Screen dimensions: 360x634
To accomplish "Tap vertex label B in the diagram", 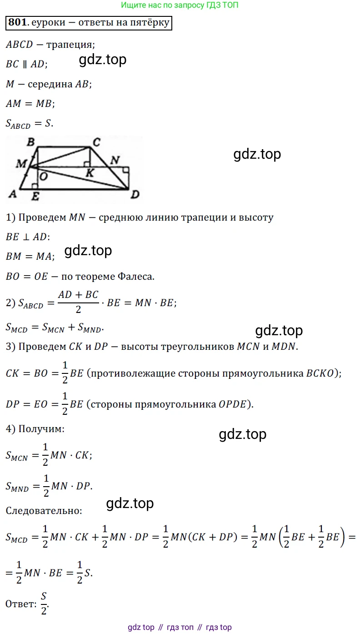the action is (30, 141).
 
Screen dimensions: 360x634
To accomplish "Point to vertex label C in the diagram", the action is (96, 142).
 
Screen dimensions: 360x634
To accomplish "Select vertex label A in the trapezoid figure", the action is (12, 194).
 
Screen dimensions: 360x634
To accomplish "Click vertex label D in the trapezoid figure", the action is (135, 195).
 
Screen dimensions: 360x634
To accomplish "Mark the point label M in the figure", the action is (21, 164).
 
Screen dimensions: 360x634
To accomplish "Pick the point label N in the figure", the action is (115, 160).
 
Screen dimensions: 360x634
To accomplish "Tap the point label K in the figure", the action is (90, 173).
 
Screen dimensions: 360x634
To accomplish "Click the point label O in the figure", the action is (43, 176).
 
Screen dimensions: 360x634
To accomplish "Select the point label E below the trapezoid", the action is (35, 196).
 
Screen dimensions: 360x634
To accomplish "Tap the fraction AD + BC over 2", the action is (78, 302).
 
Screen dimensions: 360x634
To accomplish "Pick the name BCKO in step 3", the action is (320, 373).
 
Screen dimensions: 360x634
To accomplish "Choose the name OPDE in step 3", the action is (232, 404).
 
